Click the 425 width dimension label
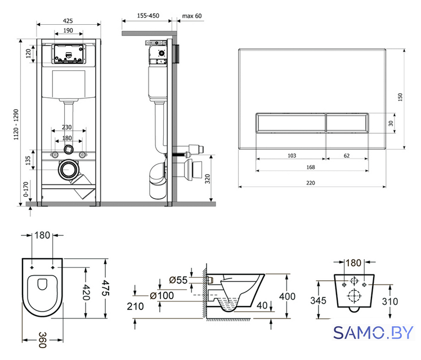click(x=68, y=21)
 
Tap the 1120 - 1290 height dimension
click(x=16, y=124)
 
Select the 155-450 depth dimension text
click(x=148, y=16)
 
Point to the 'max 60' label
click(x=192, y=16)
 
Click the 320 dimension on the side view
click(x=208, y=179)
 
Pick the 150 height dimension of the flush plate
click(x=400, y=97)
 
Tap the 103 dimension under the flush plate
click(x=292, y=156)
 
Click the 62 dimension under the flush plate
click(x=347, y=156)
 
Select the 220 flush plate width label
click(x=311, y=183)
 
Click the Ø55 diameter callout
click(x=178, y=280)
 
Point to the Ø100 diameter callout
click(x=162, y=296)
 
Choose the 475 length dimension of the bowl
click(x=105, y=288)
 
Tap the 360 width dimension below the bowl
click(x=43, y=340)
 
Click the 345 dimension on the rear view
click(x=318, y=300)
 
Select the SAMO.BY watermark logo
click(x=373, y=333)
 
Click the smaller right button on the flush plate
click(x=347, y=123)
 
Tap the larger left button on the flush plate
click(x=291, y=123)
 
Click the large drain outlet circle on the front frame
click(x=68, y=169)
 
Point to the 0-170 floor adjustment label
click(x=26, y=189)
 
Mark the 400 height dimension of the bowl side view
click(x=287, y=296)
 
